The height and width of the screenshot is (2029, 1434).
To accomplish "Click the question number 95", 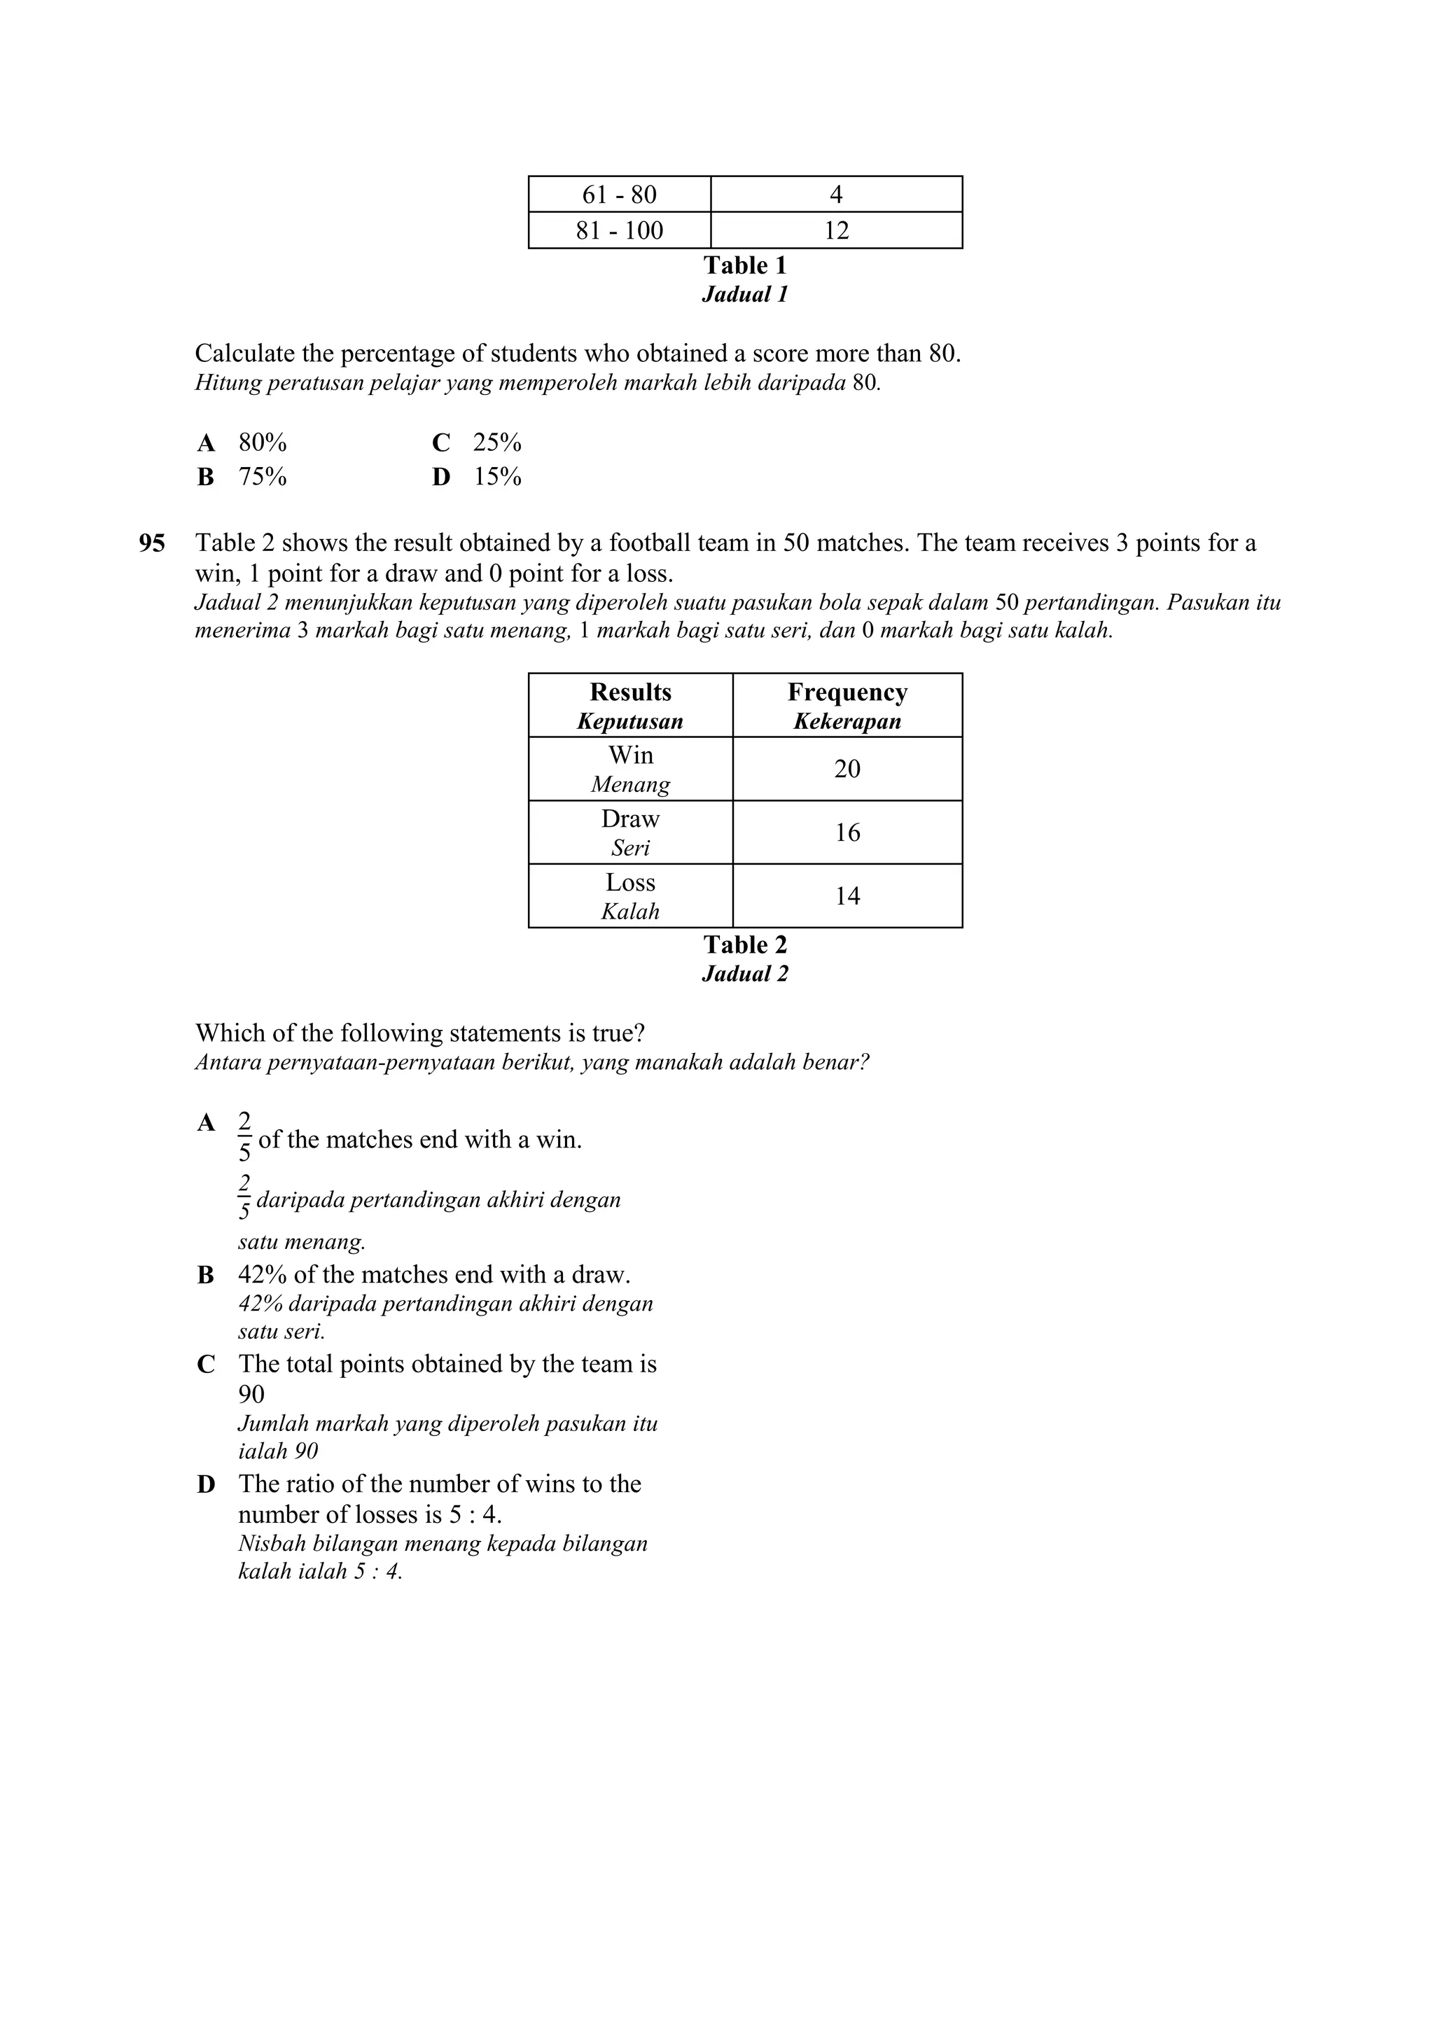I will point(152,543).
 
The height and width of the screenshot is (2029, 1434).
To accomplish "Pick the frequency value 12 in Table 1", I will point(836,230).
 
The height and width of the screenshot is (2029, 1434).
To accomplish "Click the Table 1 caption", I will point(745,265).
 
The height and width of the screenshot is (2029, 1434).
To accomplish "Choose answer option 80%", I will point(263,442).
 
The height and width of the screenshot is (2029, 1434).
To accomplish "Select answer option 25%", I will point(496,442).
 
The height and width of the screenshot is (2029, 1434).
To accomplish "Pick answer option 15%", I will point(497,477).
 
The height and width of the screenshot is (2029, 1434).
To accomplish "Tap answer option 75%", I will point(263,477).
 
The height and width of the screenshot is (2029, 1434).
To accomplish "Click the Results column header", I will point(630,693).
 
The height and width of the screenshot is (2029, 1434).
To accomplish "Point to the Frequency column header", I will point(847,693).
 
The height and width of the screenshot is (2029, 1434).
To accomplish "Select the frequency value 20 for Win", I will point(847,769).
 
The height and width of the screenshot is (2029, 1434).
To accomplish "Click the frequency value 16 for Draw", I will point(847,832).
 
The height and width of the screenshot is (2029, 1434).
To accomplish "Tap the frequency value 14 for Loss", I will point(847,896).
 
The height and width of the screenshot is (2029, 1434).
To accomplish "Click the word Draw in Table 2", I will point(630,819).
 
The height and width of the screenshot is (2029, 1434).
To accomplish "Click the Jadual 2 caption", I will point(745,974).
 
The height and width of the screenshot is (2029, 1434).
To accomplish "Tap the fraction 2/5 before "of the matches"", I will point(245,1137).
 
